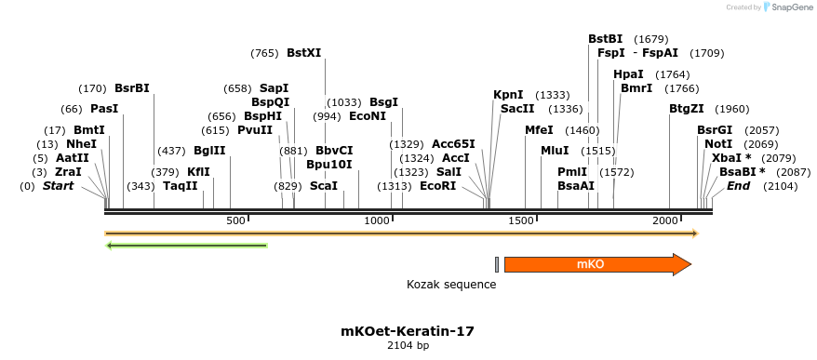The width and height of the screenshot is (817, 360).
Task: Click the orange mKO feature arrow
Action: pyautogui.click(x=596, y=265)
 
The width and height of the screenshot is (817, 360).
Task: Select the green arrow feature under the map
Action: pyautogui.click(x=187, y=246)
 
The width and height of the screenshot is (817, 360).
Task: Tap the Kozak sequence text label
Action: pyautogui.click(x=451, y=284)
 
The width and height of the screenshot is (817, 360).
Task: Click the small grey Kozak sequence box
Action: pyautogui.click(x=497, y=265)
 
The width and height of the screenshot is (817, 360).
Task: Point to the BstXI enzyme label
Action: pyautogui.click(x=304, y=53)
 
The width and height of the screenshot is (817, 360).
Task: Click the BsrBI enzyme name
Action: pyautogui.click(x=132, y=88)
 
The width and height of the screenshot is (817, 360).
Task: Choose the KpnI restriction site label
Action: pyautogui.click(x=508, y=95)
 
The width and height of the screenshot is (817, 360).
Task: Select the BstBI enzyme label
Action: pyautogui.click(x=605, y=39)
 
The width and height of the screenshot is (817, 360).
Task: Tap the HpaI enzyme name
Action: pyautogui.click(x=628, y=74)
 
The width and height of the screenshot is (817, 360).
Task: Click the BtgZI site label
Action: pyautogui.click(x=686, y=109)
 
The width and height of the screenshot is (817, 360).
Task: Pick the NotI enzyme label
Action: pyautogui.click(x=718, y=144)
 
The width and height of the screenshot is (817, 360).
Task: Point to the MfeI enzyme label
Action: pyautogui.click(x=539, y=130)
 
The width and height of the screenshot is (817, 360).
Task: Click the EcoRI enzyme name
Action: pyautogui.click(x=438, y=186)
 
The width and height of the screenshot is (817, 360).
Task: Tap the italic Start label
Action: pyautogui.click(x=58, y=186)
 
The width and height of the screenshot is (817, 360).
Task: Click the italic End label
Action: pyautogui.click(x=738, y=186)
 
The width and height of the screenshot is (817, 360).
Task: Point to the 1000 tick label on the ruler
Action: pyautogui.click(x=377, y=220)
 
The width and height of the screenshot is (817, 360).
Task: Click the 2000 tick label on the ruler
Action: pyautogui.click(x=665, y=220)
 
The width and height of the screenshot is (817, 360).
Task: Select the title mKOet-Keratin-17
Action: pyautogui.click(x=408, y=330)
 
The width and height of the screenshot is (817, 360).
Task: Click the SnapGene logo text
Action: pyautogui.click(x=789, y=7)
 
